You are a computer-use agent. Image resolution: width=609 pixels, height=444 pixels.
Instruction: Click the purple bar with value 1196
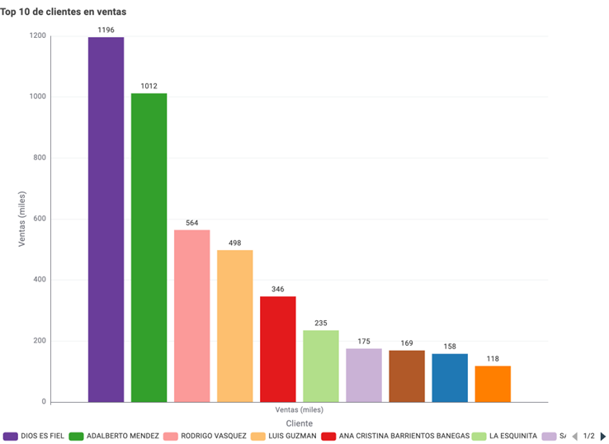[x=106, y=220]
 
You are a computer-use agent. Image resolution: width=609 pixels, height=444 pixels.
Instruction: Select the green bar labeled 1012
[x=149, y=248]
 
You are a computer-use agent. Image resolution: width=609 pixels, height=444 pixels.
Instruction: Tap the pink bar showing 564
[x=191, y=316]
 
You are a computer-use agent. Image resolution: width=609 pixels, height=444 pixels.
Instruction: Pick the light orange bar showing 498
[x=234, y=326]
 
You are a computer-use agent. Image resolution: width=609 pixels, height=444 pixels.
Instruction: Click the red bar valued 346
[x=277, y=349]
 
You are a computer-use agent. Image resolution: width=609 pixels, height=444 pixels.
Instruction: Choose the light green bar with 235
[x=321, y=366]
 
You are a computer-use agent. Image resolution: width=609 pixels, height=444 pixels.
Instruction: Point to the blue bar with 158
[x=450, y=378]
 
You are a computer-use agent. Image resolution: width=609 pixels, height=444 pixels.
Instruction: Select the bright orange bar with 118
[x=493, y=384]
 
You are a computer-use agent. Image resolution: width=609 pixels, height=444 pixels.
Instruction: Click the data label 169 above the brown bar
[x=407, y=343]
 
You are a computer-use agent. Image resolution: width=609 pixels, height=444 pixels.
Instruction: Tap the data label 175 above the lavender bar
[x=364, y=342]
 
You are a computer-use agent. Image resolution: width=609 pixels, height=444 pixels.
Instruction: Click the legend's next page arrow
[x=603, y=436]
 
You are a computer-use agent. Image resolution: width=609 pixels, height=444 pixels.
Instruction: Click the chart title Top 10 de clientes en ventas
[x=64, y=12]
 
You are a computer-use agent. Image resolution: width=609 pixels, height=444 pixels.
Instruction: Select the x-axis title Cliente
[x=299, y=423]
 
